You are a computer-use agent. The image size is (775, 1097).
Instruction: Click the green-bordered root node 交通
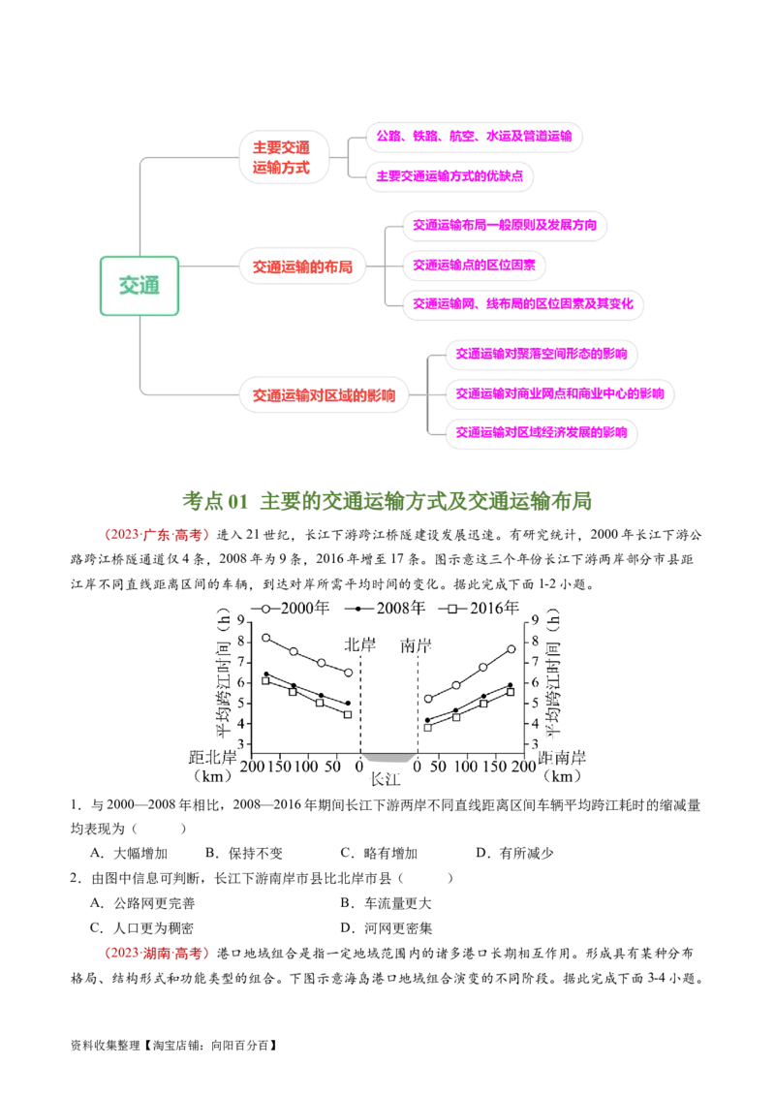tap(139, 286)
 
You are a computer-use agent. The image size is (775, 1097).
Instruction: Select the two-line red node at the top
tap(283, 157)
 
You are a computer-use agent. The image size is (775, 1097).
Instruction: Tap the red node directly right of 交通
tap(303, 266)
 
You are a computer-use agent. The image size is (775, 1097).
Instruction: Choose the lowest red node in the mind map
tap(325, 395)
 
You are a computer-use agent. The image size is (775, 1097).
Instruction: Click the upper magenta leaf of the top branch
tap(475, 137)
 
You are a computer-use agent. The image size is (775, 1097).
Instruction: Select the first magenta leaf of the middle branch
tap(507, 226)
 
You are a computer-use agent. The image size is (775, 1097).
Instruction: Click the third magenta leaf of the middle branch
tap(523, 303)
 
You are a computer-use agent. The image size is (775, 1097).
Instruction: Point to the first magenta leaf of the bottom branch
tap(541, 354)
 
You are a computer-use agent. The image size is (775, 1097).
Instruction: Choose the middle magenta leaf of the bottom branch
tap(560, 394)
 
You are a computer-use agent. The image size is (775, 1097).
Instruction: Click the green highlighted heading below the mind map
tap(387, 500)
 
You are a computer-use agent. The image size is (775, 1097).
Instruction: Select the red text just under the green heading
tap(155, 535)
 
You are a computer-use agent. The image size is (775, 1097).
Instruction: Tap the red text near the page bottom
tap(158, 954)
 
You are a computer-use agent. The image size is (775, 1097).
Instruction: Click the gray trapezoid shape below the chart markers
tap(388, 761)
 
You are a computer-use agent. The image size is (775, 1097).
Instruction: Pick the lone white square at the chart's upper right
tap(451, 609)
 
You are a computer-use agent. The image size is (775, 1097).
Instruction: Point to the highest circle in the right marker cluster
tap(511, 649)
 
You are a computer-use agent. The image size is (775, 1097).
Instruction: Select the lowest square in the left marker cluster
tap(348, 714)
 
